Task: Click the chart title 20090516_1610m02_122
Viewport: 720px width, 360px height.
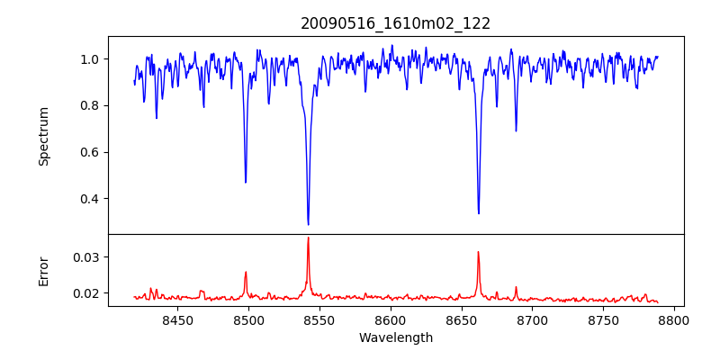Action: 395,23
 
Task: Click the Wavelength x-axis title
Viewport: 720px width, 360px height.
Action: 395,338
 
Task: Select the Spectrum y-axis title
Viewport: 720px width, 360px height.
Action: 43,136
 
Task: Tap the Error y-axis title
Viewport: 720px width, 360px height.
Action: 43,270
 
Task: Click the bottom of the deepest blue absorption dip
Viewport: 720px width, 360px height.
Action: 308,224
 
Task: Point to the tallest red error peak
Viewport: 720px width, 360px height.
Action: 308,238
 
